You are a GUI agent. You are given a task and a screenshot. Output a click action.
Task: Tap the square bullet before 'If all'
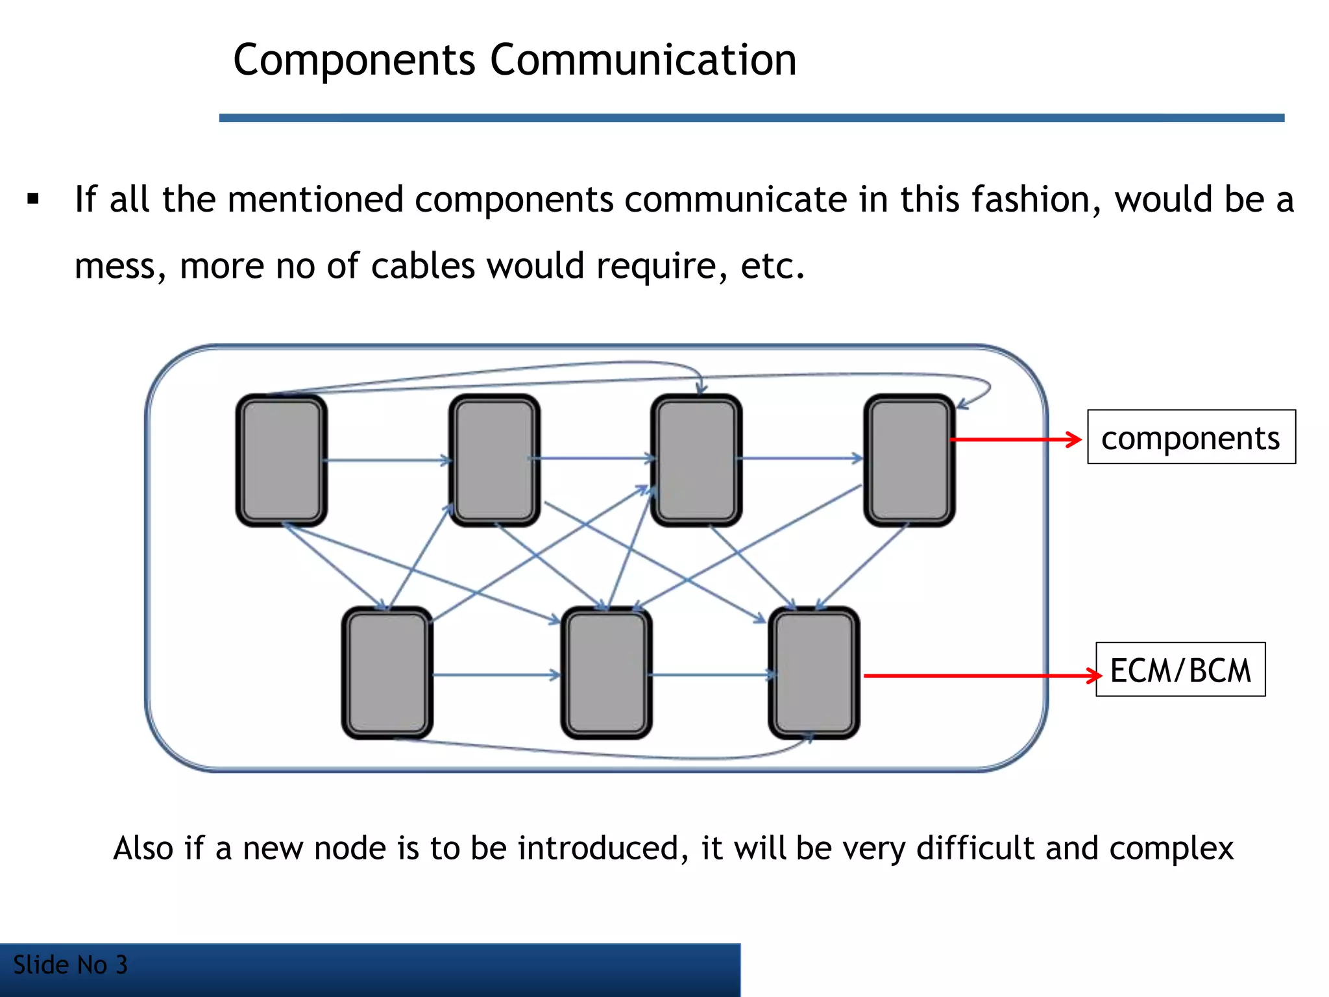33,199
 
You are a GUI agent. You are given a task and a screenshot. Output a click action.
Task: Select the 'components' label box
1191,437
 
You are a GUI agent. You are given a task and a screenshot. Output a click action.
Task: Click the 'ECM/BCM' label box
1180,670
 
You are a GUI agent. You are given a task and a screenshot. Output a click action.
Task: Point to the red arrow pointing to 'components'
1016,440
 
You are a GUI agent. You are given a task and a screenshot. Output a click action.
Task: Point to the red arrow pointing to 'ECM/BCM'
980,676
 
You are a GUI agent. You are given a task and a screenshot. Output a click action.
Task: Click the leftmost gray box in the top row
282,460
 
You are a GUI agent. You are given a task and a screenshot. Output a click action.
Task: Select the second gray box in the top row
494,460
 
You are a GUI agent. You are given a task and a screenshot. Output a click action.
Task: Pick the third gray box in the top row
696,460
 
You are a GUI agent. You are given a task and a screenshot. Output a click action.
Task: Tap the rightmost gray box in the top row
908,460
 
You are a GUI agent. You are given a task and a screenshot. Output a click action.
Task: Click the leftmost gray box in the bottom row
387,673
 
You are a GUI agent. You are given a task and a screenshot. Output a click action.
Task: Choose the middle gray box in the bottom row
606,673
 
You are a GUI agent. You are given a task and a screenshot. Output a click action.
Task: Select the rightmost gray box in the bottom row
814,673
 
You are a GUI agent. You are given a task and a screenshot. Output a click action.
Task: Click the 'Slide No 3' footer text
70,965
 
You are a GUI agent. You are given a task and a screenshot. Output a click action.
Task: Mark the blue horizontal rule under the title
751,117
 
